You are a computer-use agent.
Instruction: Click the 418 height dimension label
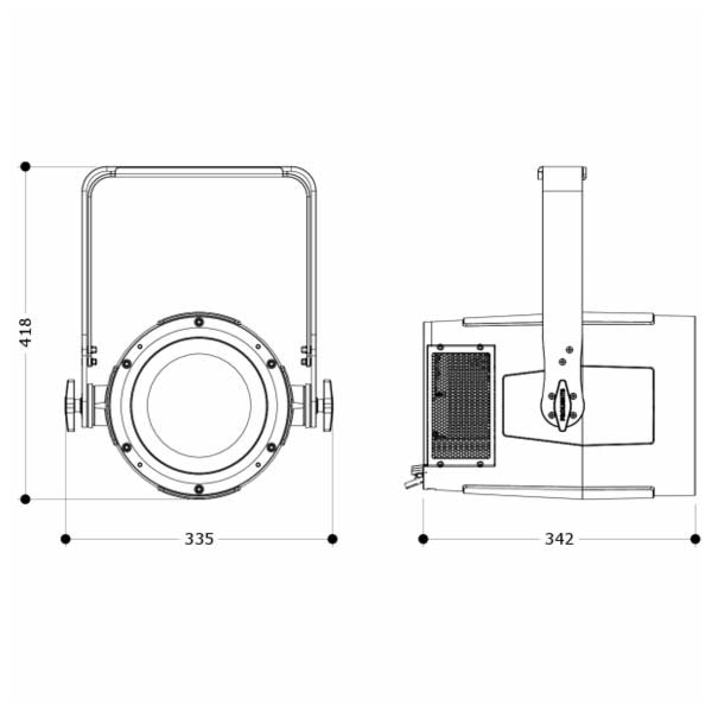[x=26, y=332]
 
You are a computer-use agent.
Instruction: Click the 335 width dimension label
[x=199, y=539]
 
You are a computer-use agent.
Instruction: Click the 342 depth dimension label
[x=559, y=539]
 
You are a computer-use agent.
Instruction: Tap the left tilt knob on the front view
[x=70, y=405]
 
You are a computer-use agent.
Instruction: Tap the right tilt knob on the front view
[x=327, y=405]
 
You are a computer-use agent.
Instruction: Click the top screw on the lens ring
[x=199, y=322]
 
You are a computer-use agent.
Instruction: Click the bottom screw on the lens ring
[x=199, y=488]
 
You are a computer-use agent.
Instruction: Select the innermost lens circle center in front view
[x=199, y=405]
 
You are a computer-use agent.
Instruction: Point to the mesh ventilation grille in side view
[x=461, y=405]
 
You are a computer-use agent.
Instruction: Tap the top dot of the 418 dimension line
[x=25, y=167]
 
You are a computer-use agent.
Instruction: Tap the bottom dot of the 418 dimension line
[x=25, y=499]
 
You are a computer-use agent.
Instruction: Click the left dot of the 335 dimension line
[x=65, y=539]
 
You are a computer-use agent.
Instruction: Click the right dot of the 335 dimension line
[x=333, y=539]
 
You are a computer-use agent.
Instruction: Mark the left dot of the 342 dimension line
[x=423, y=539]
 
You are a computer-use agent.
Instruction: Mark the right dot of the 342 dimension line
[x=695, y=539]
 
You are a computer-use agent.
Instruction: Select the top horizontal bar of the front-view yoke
[x=199, y=171]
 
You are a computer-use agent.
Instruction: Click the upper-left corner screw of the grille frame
[x=440, y=347]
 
